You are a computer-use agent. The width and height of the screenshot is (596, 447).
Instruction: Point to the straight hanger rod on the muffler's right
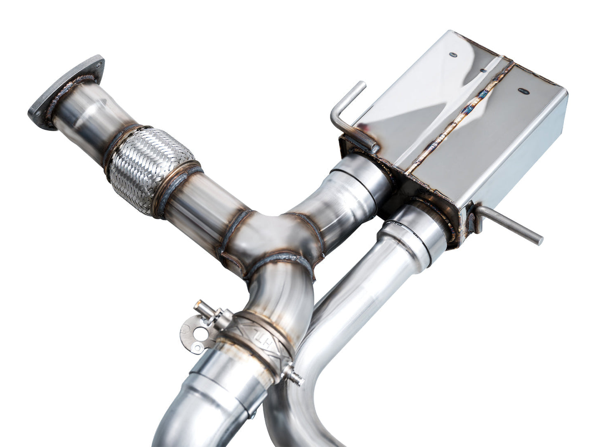(511, 225)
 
